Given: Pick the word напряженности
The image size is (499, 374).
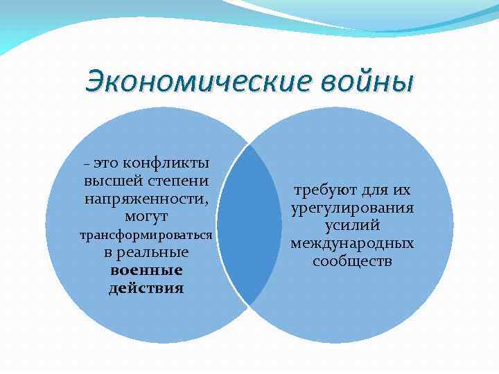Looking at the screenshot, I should [x=146, y=199].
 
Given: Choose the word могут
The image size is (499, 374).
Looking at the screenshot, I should [x=146, y=217].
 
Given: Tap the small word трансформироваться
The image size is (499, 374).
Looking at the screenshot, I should [x=146, y=235].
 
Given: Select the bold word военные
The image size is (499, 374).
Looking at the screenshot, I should [x=146, y=270].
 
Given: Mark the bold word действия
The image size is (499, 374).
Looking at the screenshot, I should [x=146, y=288].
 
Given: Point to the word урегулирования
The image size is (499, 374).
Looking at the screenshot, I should [x=353, y=208].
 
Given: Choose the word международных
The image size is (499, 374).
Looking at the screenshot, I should [x=353, y=244].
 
